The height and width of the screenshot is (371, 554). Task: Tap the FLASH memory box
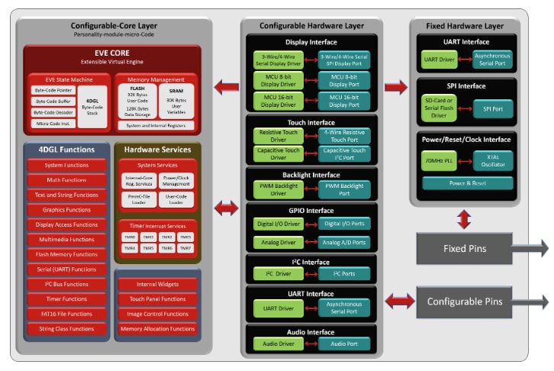[138, 100]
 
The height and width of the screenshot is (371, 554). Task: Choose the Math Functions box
[66, 180]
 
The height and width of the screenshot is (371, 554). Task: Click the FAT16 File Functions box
[66, 314]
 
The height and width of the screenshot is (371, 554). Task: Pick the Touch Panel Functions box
[157, 299]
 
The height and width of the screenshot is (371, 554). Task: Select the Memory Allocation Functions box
[157, 329]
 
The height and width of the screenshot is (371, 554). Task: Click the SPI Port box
[493, 109]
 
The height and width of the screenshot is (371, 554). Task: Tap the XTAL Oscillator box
[493, 160]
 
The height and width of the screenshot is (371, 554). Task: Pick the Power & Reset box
[467, 183]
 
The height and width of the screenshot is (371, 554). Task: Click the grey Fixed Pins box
[465, 249]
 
